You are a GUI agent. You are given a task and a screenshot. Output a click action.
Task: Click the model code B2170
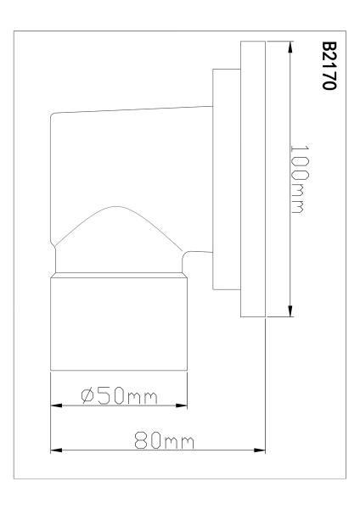(x=329, y=65)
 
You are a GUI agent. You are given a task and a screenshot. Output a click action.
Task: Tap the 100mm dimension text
(x=299, y=179)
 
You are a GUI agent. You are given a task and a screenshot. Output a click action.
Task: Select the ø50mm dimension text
(x=119, y=395)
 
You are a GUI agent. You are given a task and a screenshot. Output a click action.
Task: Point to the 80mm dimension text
(x=165, y=440)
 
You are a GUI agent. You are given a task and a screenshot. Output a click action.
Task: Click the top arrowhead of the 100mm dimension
(x=290, y=47)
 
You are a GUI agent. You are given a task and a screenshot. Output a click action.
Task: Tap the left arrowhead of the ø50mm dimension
(x=56, y=406)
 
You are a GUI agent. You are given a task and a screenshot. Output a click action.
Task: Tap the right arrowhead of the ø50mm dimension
(x=182, y=406)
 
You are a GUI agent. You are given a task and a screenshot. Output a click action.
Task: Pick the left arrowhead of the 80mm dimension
(x=56, y=450)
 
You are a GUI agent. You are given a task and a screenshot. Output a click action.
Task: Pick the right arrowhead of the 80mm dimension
(x=260, y=450)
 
